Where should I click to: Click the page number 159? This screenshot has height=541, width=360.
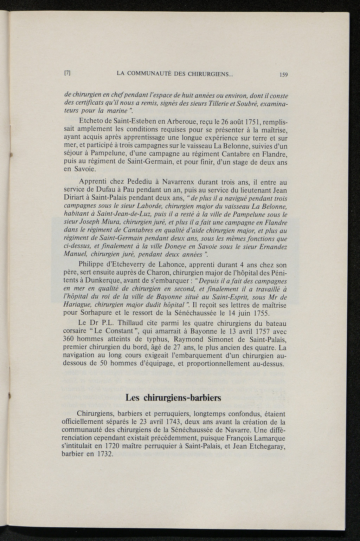tap(283, 74)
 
